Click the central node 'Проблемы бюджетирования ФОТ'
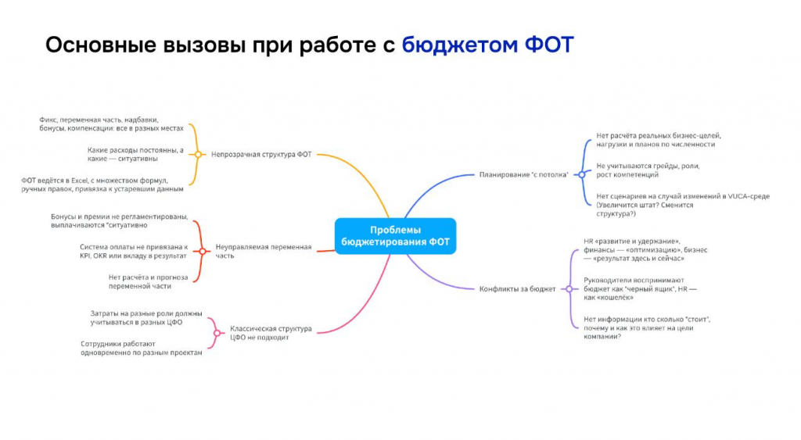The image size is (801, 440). click(x=395, y=236)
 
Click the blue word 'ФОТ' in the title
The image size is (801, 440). click(x=549, y=45)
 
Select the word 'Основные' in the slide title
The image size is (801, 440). click(x=101, y=45)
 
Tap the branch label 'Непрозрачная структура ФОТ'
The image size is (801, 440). click(x=261, y=154)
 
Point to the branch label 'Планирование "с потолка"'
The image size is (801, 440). click(x=523, y=174)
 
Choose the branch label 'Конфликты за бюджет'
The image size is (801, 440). click(x=517, y=289)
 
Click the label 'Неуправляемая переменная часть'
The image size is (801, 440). click(x=263, y=251)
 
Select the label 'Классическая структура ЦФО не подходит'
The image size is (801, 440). click(x=271, y=333)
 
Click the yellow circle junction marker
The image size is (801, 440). click(x=198, y=154)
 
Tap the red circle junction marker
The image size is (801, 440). click(x=203, y=251)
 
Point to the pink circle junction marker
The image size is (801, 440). click(x=217, y=333)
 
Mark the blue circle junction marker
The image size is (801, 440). click(x=581, y=174)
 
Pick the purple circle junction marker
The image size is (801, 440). click(x=569, y=289)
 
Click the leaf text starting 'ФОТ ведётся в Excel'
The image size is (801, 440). click(x=102, y=184)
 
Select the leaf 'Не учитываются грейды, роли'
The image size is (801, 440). click(x=648, y=170)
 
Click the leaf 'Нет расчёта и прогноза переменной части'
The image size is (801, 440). click(x=148, y=282)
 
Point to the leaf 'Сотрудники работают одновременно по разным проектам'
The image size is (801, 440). click(x=142, y=348)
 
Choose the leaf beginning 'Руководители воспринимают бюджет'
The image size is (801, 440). click(x=640, y=289)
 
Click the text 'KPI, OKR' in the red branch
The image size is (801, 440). click(x=93, y=256)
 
